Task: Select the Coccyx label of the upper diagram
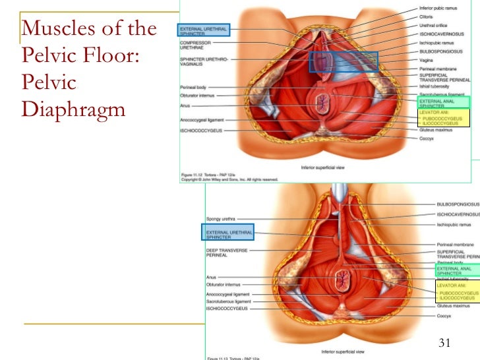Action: coord(426,138)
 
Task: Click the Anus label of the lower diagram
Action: coord(212,277)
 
